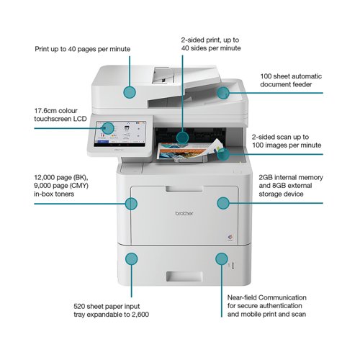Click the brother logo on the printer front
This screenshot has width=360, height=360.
pos(184,213)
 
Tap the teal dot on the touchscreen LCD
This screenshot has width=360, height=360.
pos(108,128)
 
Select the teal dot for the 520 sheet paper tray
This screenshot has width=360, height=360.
pos(131,258)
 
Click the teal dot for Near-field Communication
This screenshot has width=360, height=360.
pos(222,258)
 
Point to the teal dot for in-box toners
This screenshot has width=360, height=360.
pos(131,204)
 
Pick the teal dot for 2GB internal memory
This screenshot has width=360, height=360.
pos(223,203)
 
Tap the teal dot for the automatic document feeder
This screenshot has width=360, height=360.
pos(223,93)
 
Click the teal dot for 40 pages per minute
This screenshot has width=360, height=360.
pos(130,92)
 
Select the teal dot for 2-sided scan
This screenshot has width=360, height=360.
pos(223,154)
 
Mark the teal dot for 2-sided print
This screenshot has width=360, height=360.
pos(182,138)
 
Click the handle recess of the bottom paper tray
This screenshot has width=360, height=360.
pos(184,276)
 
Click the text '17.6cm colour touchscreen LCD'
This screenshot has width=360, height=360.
pos(60,114)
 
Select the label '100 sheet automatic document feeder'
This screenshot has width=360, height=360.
pos(291,80)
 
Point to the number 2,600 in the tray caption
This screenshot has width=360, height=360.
pos(140,314)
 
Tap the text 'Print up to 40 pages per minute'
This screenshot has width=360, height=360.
pos(83,49)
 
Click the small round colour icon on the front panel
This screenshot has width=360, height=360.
pos(230,237)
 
